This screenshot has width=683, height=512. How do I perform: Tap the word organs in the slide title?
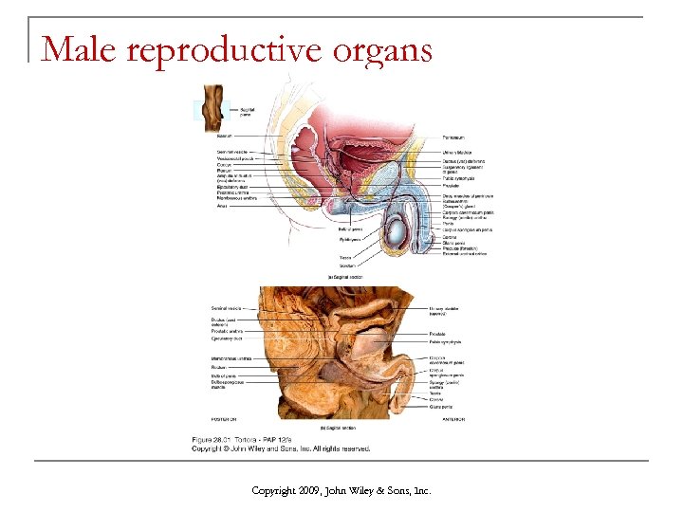click(385, 49)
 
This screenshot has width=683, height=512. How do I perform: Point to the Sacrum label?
click(225, 137)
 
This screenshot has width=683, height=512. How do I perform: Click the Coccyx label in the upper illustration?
click(225, 165)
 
